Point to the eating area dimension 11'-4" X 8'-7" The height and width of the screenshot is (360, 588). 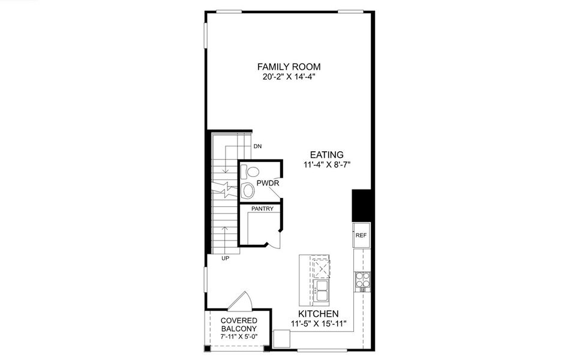coord(326,165)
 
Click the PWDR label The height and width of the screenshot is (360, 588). coord(267,183)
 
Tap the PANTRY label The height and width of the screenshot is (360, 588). coord(262,209)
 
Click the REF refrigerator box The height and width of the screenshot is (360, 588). coord(361,236)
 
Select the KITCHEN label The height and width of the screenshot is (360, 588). coord(319,314)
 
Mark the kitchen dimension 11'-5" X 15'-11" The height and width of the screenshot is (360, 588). coord(319,324)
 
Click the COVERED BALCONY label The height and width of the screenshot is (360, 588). coord(239,325)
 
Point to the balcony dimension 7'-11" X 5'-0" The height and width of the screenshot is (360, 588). coord(239,338)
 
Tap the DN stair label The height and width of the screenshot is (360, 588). coord(257,146)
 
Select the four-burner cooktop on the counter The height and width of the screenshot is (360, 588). coord(362,278)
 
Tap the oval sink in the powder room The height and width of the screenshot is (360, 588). coord(247,191)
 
